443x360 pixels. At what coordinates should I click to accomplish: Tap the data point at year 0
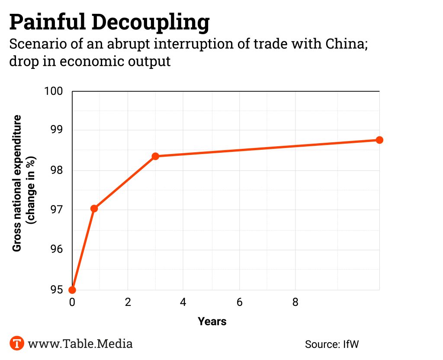72,290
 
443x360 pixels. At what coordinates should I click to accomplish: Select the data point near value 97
94,209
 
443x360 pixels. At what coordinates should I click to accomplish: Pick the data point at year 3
155,156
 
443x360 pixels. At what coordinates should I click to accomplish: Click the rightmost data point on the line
379,140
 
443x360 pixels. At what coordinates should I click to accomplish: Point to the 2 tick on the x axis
128,302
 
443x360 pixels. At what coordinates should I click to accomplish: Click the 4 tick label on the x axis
183,302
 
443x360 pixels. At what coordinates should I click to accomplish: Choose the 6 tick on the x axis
239,302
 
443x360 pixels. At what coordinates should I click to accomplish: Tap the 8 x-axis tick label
295,302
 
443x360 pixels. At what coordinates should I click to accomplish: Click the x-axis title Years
212,321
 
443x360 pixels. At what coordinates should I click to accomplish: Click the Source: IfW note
332,344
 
